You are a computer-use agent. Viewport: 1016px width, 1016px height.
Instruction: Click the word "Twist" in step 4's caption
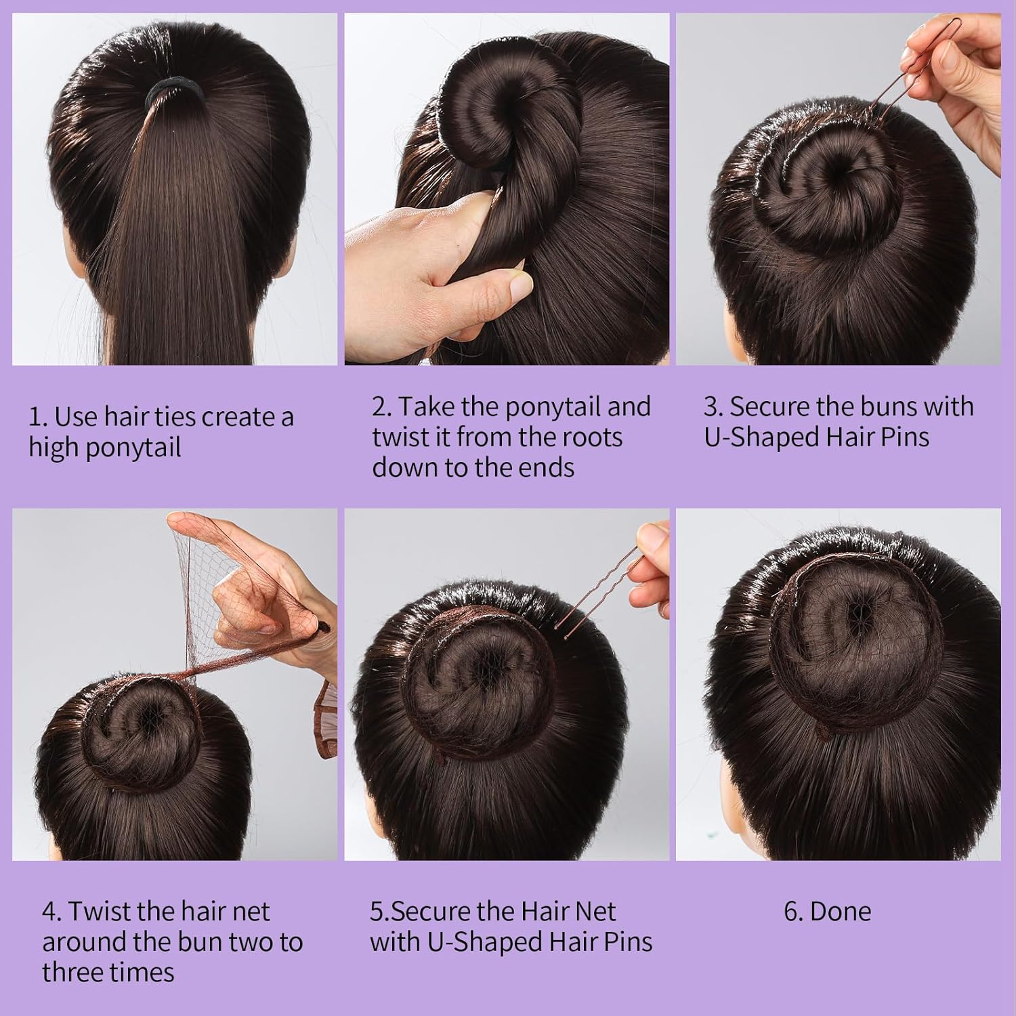tap(99, 912)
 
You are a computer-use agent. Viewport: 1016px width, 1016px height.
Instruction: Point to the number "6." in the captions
tap(793, 912)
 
